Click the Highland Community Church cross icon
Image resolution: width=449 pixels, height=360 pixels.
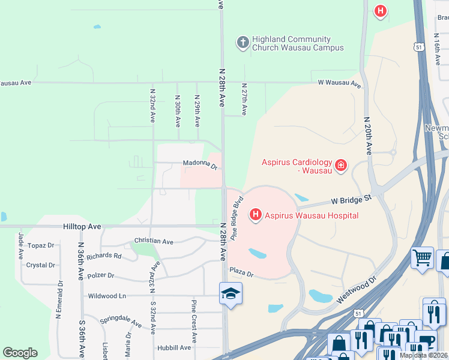tap(243, 42)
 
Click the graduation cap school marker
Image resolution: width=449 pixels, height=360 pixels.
tap(231, 293)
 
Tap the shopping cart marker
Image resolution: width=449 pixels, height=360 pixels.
tap(422, 258)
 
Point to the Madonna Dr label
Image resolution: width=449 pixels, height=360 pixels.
tap(200, 164)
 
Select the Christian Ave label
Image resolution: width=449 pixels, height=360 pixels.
tap(154, 241)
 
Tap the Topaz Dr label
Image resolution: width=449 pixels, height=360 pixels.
tap(41, 245)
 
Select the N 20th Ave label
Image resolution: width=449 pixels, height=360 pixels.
tap(367, 136)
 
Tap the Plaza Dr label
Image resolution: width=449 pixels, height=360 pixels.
tap(241, 272)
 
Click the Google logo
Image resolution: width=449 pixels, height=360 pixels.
tap(20, 353)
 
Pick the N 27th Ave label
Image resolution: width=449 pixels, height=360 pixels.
tap(244, 99)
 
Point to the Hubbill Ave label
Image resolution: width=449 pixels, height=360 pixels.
tap(174, 347)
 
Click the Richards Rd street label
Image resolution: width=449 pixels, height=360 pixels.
tap(104, 256)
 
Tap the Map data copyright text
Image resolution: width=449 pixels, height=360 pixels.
tap(424, 355)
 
